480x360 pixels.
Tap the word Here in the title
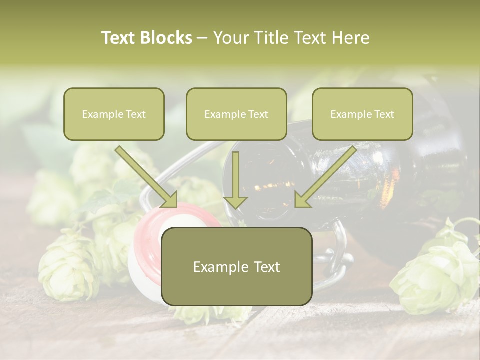(349, 38)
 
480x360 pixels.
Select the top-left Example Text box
(114, 114)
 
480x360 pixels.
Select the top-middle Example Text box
(236, 114)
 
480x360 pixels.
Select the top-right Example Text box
(362, 114)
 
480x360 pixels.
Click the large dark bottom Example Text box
(237, 266)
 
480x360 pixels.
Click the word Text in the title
(118, 38)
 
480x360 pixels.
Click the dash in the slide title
(202, 38)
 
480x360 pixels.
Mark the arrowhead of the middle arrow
(235, 201)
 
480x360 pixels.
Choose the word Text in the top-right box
(384, 114)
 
